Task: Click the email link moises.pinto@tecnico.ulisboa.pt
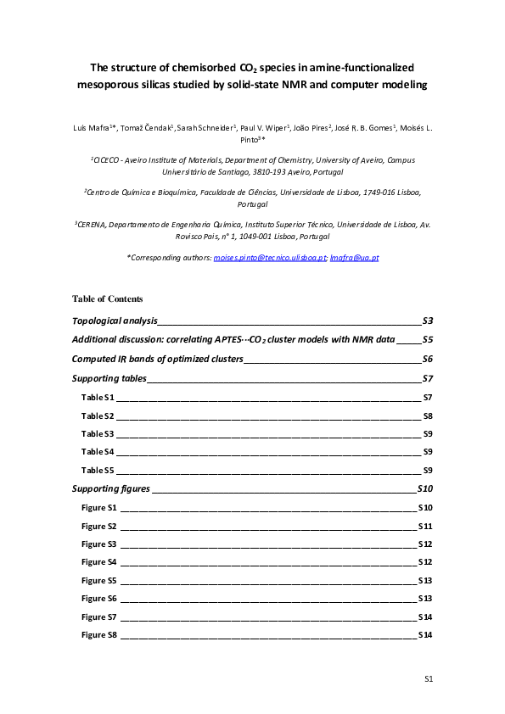click(273, 256)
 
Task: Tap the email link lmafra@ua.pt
click(354, 256)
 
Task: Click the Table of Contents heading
click(108, 298)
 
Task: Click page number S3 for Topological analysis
click(428, 321)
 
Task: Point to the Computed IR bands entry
click(158, 359)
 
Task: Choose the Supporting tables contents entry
click(109, 378)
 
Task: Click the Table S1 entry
click(98, 397)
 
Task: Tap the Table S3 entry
click(98, 433)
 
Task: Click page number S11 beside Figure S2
click(426, 526)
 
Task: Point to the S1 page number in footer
click(429, 679)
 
